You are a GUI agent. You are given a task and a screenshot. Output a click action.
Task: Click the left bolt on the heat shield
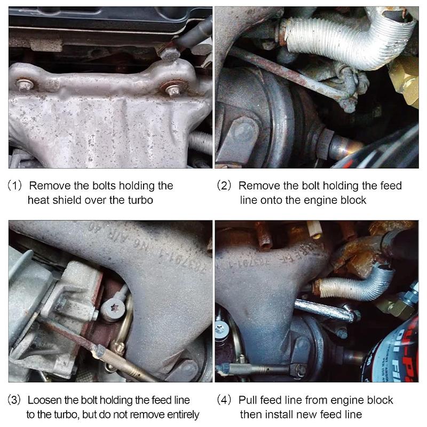pos(25,85)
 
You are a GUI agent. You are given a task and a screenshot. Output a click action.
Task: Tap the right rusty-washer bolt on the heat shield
pos(172,89)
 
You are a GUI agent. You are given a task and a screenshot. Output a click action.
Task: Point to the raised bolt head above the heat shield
pos(170,53)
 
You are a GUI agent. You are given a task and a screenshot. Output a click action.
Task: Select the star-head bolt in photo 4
pos(220,330)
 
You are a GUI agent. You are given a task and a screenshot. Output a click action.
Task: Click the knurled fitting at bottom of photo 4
pos(251,369)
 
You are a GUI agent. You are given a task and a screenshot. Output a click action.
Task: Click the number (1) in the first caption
pos(16,186)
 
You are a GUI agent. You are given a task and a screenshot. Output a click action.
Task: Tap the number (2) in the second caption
pos(225,186)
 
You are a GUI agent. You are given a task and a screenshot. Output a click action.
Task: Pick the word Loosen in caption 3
pos(44,400)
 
